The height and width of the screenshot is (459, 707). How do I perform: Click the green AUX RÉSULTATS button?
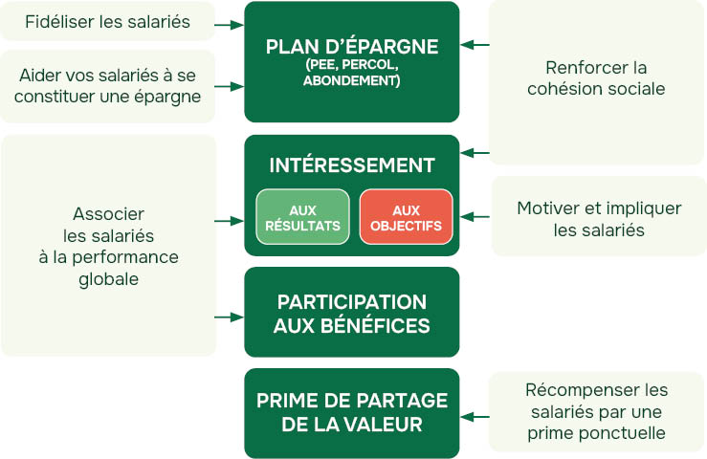click(302, 217)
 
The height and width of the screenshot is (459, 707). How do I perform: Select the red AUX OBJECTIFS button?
click(406, 217)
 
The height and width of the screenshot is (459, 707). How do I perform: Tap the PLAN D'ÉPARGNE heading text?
click(352, 47)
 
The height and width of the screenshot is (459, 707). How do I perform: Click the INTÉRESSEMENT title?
click(352, 165)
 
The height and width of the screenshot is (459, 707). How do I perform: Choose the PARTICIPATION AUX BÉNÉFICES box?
click(352, 313)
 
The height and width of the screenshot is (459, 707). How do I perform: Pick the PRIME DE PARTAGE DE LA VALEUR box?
click(352, 412)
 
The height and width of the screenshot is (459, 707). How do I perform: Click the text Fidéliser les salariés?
click(107, 21)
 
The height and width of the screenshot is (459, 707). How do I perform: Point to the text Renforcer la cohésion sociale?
click(597, 78)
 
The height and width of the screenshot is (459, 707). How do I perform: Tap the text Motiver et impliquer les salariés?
click(599, 219)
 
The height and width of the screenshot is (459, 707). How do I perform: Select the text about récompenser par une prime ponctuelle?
click(597, 411)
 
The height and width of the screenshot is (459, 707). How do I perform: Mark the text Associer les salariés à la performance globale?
click(108, 246)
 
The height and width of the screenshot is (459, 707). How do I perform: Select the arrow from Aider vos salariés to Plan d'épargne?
click(230, 86)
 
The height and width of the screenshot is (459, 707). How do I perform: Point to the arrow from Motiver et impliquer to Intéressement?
click(475, 218)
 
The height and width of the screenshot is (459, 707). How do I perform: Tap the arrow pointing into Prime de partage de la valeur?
click(475, 416)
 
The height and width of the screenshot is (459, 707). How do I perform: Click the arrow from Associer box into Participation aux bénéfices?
click(230, 316)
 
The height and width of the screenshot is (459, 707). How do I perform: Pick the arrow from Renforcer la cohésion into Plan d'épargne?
click(475, 45)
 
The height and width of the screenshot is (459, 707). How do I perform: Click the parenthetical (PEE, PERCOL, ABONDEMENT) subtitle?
click(352, 73)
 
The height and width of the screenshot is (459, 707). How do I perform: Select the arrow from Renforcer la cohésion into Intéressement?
click(475, 152)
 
